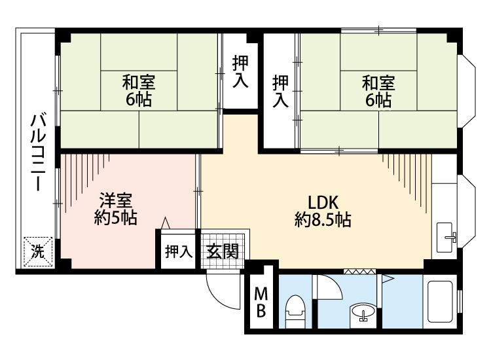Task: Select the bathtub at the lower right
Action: click(441, 302)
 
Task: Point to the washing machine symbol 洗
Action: click(37, 252)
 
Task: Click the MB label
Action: click(261, 302)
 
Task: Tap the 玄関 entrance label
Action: click(223, 251)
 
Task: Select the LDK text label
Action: click(323, 202)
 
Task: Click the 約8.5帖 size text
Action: click(323, 220)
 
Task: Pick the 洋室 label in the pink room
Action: click(116, 201)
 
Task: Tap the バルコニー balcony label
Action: click(38, 153)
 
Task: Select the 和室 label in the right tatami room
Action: click(378, 83)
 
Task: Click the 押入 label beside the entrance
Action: click(179, 251)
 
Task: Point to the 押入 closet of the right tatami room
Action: click(280, 92)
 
